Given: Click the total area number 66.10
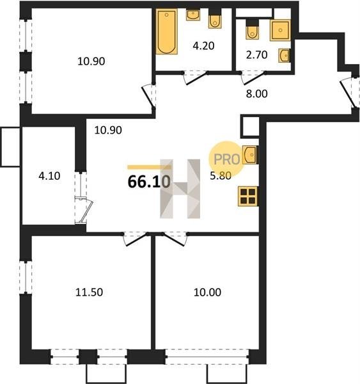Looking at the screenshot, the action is (149, 182).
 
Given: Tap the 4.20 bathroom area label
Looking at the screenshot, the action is (203, 46).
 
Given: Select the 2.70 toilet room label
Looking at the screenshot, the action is (256, 55).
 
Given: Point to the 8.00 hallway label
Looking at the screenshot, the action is (256, 93).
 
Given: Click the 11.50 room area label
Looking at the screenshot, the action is (89, 292).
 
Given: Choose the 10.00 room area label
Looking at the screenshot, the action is (207, 292).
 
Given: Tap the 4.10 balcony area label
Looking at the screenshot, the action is (49, 176).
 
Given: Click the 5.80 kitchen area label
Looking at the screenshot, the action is (221, 175).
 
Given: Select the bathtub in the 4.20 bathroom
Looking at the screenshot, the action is (167, 31).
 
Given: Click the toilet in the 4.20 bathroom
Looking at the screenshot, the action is (215, 19).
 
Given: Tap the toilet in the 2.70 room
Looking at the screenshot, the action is (253, 29).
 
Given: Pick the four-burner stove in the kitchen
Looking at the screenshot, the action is (248, 196).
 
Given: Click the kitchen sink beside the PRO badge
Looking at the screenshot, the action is (249, 155).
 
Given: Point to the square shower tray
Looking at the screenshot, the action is (280, 30).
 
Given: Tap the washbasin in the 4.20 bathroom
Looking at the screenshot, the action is (193, 15).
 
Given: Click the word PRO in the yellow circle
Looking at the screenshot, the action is (227, 159).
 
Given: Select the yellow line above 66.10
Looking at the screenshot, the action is (149, 167).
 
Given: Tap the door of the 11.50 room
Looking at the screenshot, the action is (136, 240).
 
